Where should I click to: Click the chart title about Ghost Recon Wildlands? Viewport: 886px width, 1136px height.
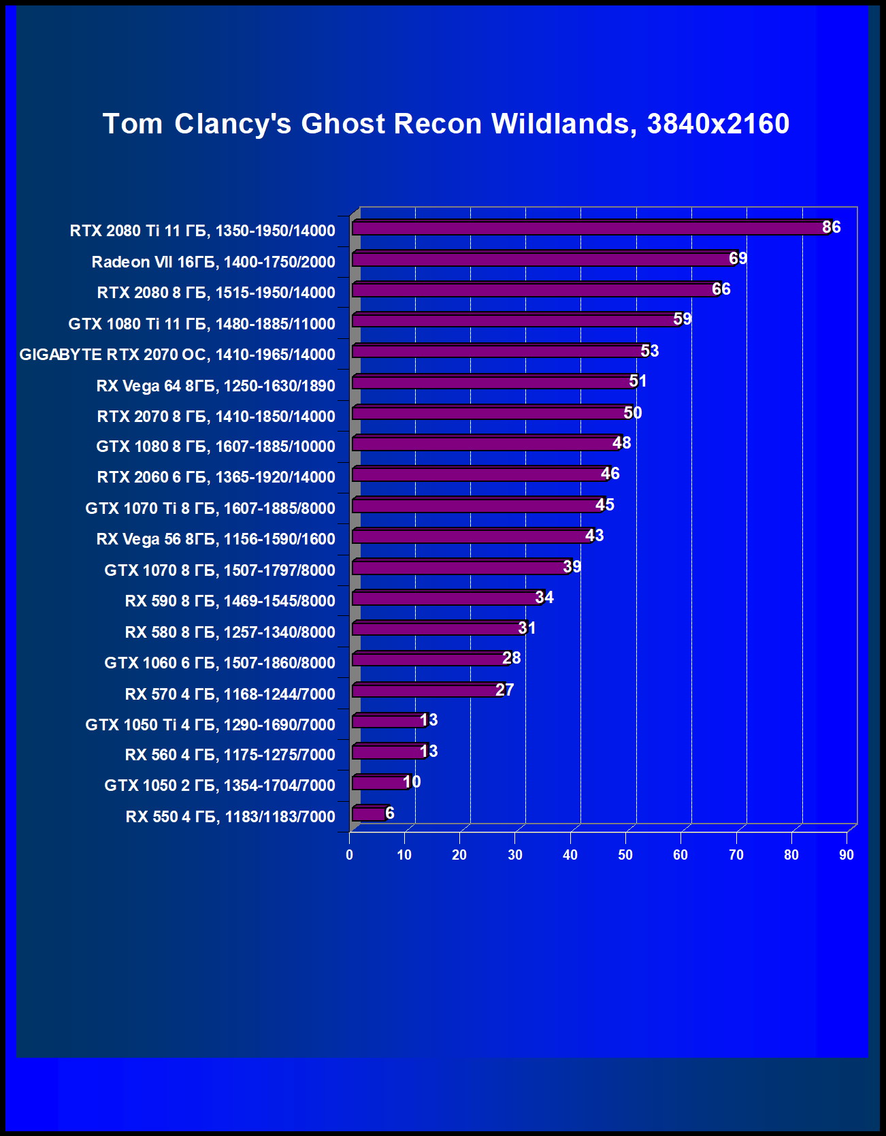point(446,124)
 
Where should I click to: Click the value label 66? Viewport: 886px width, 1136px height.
point(721,289)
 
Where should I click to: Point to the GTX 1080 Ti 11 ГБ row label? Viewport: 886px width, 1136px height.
point(201,324)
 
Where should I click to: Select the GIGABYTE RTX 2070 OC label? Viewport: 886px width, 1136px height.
point(177,355)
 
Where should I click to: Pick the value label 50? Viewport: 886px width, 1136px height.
point(633,413)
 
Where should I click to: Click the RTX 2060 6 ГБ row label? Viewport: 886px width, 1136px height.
point(216,477)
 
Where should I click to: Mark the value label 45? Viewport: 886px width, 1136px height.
point(605,505)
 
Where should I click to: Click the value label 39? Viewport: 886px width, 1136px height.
point(572,567)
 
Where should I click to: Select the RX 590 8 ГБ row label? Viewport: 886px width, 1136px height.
point(230,601)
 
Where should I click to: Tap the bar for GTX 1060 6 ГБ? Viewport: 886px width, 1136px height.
point(429,660)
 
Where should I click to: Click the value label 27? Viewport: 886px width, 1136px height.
point(505,690)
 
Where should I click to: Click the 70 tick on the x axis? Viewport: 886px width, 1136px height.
point(736,855)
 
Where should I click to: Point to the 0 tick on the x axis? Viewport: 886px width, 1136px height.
point(350,855)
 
